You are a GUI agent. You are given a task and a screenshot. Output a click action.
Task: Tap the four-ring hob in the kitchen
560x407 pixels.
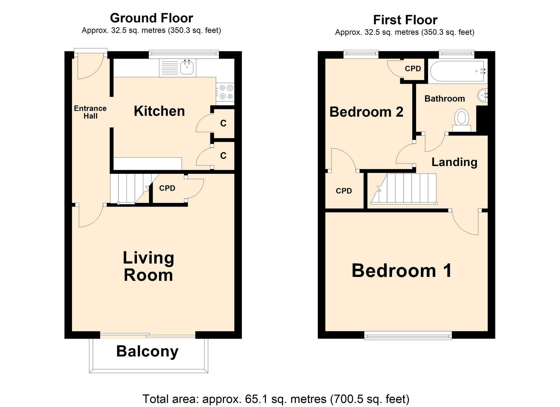tap(226, 92)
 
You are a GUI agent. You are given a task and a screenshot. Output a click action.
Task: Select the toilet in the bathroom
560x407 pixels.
tap(461, 118)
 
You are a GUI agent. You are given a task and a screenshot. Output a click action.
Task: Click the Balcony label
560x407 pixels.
tap(147, 351)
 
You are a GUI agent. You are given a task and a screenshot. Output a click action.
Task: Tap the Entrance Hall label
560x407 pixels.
tap(90, 112)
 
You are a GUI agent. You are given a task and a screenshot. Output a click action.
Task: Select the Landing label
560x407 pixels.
tap(454, 162)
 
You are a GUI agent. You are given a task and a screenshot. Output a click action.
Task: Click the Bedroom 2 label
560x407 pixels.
tap(366, 112)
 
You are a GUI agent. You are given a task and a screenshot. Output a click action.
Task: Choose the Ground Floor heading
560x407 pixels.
tap(151, 18)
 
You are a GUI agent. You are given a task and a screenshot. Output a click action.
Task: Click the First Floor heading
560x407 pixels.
tap(405, 20)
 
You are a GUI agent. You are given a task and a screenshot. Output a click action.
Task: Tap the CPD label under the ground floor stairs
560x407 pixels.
tap(167, 188)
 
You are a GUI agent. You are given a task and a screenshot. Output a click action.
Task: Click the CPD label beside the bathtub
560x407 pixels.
tap(413, 69)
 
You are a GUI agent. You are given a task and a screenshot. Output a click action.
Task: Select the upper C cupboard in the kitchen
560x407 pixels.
tap(223, 123)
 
